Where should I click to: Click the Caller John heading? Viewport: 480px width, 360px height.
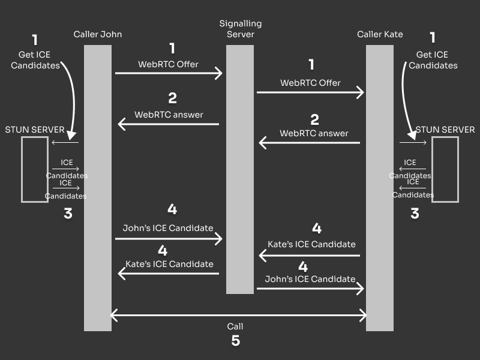97,34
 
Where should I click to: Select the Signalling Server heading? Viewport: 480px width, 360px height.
240,29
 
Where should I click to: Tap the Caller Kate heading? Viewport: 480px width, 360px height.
380,34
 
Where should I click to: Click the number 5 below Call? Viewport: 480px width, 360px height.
236,341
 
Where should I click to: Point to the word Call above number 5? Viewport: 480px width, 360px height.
235,326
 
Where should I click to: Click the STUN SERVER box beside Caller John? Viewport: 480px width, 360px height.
35,169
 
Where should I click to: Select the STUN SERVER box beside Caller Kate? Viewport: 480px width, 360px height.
445,169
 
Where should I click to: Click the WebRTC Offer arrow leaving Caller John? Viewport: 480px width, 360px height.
169,73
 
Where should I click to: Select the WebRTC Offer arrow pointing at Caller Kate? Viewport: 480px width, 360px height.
310,92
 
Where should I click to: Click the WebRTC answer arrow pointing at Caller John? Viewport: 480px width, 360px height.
169,124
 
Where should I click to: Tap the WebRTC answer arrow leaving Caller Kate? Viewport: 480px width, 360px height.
310,143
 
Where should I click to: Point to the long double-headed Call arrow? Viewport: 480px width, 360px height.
239,314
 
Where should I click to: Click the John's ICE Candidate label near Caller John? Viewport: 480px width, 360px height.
167,228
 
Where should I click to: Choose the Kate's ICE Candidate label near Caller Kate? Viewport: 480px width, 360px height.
311,244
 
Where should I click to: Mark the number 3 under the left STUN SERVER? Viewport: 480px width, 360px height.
68,214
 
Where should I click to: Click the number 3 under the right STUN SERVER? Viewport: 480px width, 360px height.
415,214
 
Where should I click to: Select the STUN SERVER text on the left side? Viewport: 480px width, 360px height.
35,130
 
